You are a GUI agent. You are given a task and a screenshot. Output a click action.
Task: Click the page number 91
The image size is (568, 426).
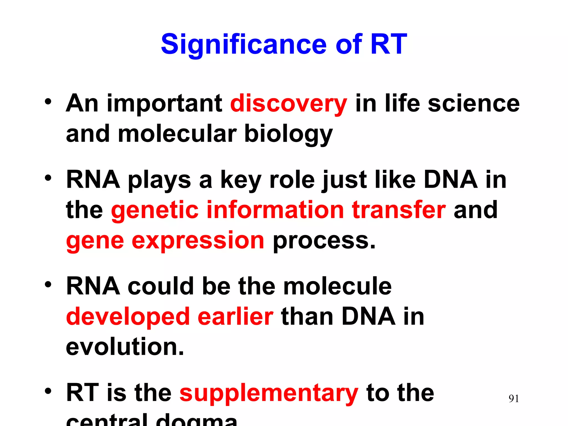(514, 399)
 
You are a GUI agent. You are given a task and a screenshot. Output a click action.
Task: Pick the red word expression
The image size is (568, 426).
(198, 240)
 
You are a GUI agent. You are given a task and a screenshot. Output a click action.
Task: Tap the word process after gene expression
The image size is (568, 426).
(324, 240)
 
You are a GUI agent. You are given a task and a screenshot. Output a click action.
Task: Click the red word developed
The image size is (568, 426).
(128, 317)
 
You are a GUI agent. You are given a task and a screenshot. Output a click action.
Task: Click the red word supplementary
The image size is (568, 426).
(269, 393)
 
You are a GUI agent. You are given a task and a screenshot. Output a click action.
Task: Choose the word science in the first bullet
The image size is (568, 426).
(474, 103)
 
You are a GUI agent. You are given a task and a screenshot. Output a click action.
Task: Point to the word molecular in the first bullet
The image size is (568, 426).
(177, 134)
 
